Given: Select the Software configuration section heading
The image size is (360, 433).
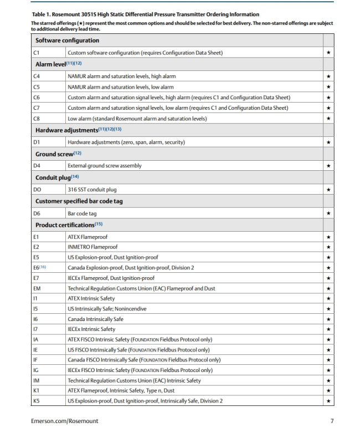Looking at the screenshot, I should coord(67,40).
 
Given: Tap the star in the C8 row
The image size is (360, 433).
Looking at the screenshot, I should coord(329,118).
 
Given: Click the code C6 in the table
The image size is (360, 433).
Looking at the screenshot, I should coord(39,98).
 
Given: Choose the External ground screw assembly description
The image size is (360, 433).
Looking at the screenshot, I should coord(104,165).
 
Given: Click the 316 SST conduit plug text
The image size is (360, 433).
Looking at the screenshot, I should coord(92,190).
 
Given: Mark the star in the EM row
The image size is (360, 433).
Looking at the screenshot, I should coord(329,289).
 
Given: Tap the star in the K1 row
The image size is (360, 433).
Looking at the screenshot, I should coord(329,390).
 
